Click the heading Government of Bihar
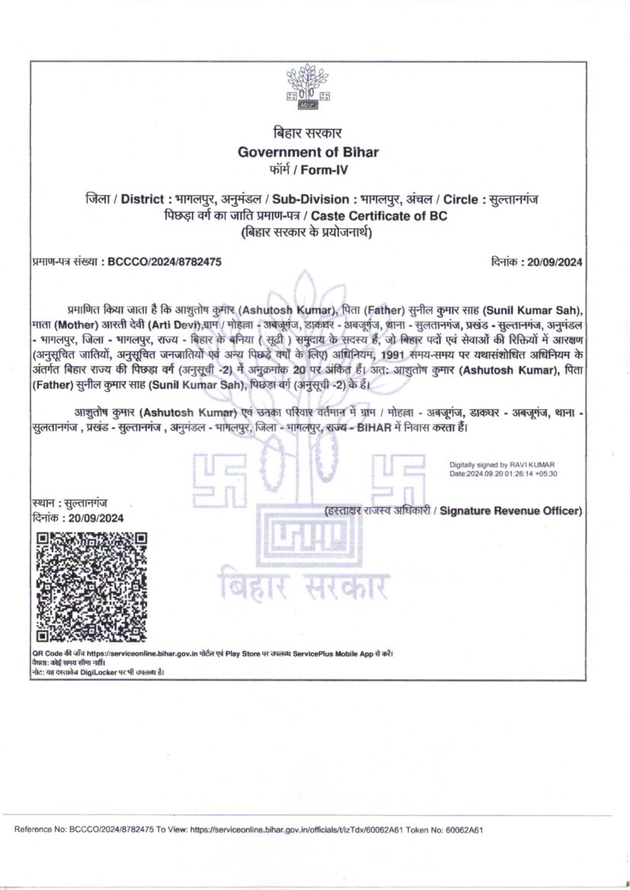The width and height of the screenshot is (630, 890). tap(308, 152)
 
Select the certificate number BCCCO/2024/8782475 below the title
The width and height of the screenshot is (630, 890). tap(165, 262)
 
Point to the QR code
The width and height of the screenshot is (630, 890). tap(91, 586)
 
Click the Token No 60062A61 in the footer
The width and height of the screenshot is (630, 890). tap(460, 830)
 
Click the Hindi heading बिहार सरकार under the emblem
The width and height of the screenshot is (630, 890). tap(308, 133)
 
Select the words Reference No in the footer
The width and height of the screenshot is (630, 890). tap(38, 830)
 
